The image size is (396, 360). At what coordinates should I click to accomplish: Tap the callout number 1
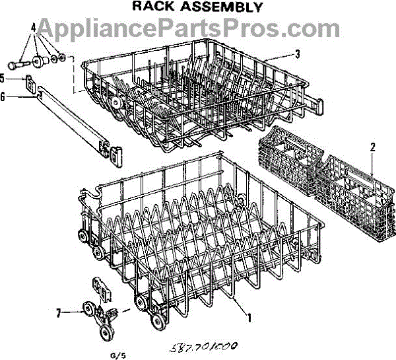pyautogui.click(x=248, y=316)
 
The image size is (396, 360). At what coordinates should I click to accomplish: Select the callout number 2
pyautogui.click(x=373, y=148)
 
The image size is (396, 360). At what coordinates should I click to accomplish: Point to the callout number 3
pyautogui.click(x=298, y=54)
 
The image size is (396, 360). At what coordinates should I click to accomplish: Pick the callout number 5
pyautogui.click(x=3, y=78)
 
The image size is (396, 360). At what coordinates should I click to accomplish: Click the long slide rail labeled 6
pyautogui.click(x=69, y=117)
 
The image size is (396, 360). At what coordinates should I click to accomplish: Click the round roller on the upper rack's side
pyautogui.click(x=117, y=102)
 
